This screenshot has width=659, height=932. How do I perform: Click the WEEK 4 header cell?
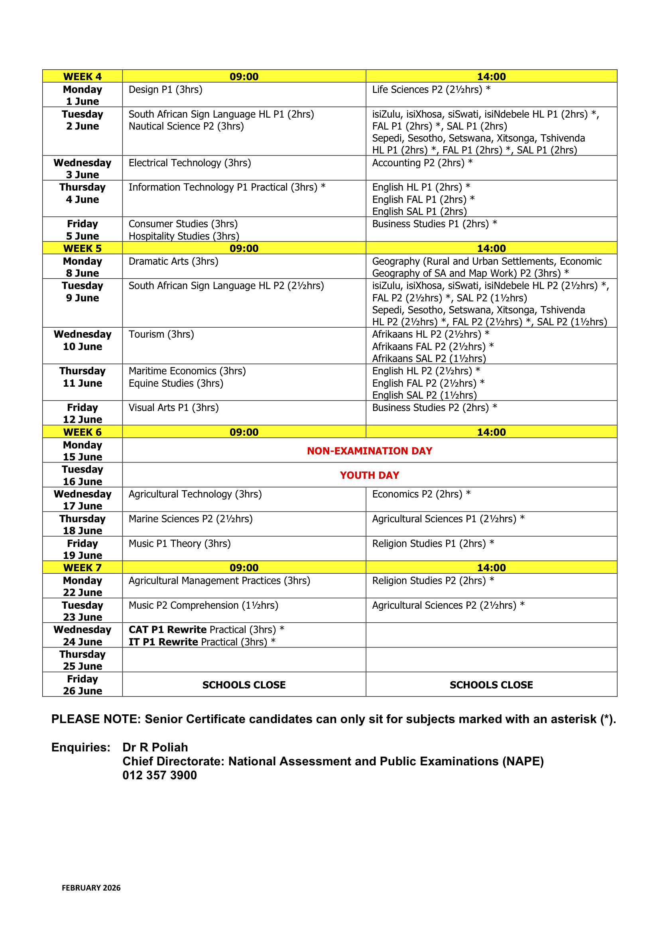click(83, 76)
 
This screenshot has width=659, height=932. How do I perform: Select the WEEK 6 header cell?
click(83, 432)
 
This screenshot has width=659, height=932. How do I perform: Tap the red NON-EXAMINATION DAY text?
click(370, 450)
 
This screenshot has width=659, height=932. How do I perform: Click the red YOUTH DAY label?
click(370, 475)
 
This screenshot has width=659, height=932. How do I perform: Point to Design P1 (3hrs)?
click(165, 89)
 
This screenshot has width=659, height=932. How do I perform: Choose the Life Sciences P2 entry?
click(431, 89)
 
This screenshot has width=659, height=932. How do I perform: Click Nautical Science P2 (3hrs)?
click(186, 126)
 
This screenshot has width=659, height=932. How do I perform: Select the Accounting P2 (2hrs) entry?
click(422, 163)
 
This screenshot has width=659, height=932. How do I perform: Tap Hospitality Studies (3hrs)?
click(183, 236)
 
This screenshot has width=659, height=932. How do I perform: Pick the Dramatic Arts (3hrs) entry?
click(173, 261)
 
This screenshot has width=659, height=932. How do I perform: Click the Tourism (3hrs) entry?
click(161, 334)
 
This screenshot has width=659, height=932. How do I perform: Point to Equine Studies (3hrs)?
click(176, 383)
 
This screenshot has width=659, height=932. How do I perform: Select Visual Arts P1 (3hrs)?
click(173, 407)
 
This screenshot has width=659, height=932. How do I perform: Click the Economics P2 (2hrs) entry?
click(421, 494)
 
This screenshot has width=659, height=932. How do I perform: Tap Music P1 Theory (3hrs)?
click(179, 543)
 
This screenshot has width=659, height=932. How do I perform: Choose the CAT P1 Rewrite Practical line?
click(206, 629)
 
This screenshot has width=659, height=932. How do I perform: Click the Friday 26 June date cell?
click(83, 685)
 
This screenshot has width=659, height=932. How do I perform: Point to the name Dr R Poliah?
click(155, 747)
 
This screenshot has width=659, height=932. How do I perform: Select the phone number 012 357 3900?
click(159, 775)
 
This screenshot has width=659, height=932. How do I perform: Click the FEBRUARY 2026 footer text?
click(91, 888)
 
